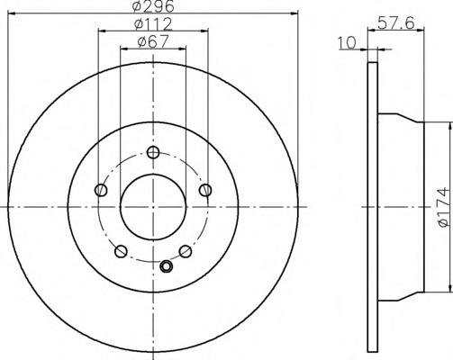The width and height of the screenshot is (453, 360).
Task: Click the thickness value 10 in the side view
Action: tap(346, 41)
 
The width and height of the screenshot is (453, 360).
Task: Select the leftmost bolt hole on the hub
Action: tap(100, 190)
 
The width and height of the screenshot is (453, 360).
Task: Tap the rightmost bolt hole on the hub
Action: tap(206, 189)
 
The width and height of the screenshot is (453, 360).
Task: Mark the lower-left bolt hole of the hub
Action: tap(121, 251)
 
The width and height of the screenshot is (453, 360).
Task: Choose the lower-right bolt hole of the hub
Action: tap(185, 251)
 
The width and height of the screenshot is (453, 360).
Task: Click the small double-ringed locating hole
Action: tap(165, 265)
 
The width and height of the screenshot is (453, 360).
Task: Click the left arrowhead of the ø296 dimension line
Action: tap(10, 14)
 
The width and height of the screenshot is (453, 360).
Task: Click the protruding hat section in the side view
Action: tap(400, 206)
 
